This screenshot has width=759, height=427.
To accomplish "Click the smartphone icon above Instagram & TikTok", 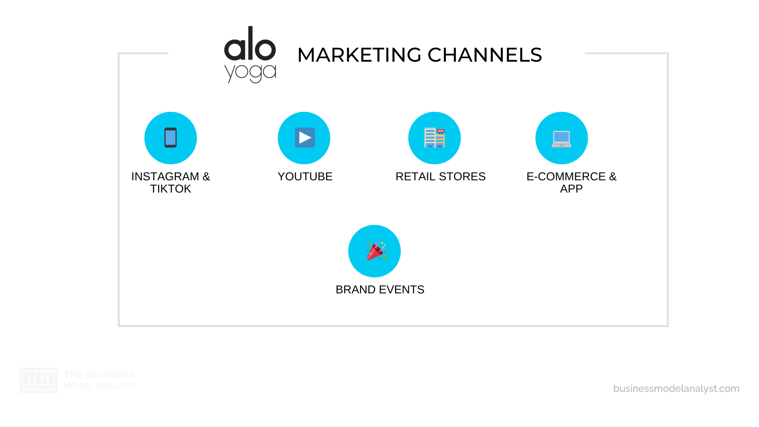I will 170,138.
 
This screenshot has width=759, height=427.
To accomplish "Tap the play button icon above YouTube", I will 304,138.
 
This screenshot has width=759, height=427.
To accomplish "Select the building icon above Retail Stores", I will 434,138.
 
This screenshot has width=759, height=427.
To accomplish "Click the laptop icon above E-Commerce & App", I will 561,139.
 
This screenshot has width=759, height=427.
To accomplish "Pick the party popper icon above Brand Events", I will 375,251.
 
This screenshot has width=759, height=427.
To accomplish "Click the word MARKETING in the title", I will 359,55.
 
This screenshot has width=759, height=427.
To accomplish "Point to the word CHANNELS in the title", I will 485,55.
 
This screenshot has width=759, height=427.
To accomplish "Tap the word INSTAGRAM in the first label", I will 165,176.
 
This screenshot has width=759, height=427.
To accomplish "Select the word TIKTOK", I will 170,189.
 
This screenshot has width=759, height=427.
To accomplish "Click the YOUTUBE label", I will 305,176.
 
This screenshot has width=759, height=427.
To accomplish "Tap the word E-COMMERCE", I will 566,176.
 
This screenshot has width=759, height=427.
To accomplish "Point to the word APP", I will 571,189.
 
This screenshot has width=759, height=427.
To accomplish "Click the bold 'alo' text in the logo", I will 250,44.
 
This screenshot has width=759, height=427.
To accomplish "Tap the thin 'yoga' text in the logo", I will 250,72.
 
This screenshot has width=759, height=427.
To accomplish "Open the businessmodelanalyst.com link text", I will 676,388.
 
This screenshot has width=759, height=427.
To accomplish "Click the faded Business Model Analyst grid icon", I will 38,380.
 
